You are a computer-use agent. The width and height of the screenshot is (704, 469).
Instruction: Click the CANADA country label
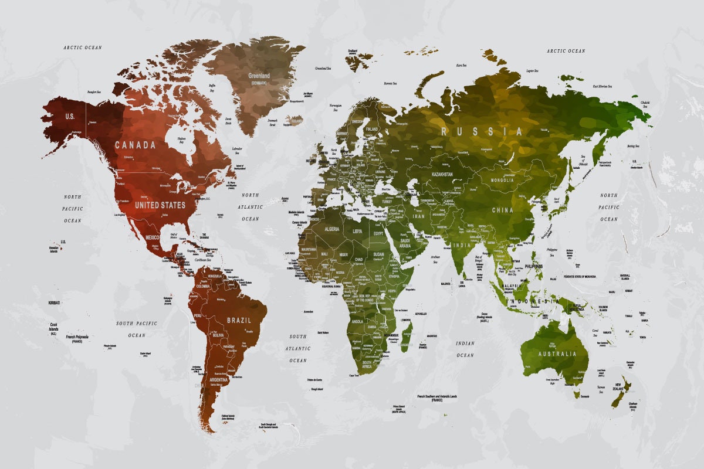(x=135, y=145)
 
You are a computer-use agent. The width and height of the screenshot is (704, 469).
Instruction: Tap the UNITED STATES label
(x=160, y=205)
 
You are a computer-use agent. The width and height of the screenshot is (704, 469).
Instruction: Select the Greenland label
(x=259, y=76)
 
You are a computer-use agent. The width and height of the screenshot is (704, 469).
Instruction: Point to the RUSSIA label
(x=482, y=132)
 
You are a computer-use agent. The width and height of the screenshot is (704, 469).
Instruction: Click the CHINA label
(x=502, y=210)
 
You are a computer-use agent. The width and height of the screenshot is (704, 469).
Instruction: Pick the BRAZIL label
(x=239, y=321)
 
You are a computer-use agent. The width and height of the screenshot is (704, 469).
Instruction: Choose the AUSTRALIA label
(x=554, y=354)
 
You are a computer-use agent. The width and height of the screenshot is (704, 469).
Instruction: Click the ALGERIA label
(x=329, y=229)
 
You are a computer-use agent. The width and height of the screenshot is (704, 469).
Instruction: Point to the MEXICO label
(x=152, y=237)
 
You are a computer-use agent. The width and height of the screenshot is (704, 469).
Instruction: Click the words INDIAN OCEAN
(x=465, y=349)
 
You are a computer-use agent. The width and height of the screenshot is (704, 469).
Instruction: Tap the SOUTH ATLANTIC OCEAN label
(x=297, y=348)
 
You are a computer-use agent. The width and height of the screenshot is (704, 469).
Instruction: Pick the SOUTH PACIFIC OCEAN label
(x=137, y=329)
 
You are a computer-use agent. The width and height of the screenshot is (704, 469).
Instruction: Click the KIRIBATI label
(x=54, y=303)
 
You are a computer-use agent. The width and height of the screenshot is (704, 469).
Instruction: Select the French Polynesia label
(x=77, y=338)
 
